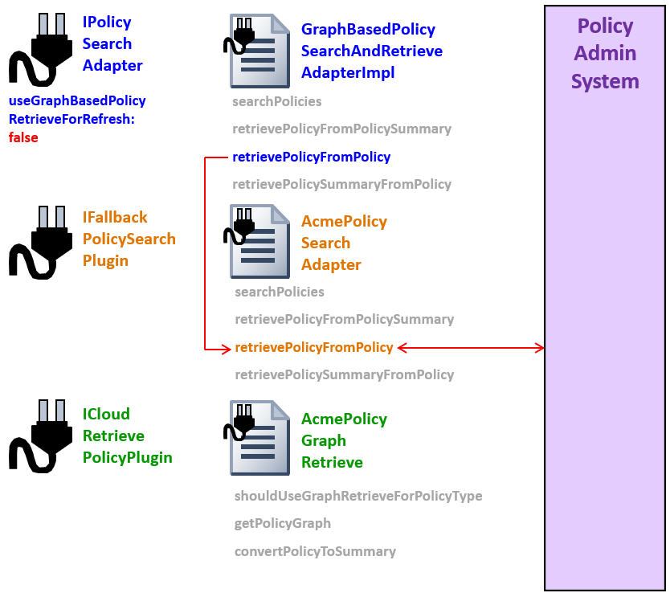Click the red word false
click(x=23, y=137)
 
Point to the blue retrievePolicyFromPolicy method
click(x=311, y=157)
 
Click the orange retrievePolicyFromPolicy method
click(x=313, y=347)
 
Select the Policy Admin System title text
click(x=605, y=54)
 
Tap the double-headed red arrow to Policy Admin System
click(x=471, y=348)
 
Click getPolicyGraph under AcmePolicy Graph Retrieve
click(x=282, y=523)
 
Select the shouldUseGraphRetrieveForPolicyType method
click(x=357, y=496)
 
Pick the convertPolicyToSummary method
click(x=315, y=551)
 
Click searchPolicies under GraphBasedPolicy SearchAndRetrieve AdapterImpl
click(x=276, y=101)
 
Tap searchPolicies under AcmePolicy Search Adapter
click(x=279, y=292)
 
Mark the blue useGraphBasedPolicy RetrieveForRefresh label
click(x=77, y=110)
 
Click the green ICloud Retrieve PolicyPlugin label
click(x=127, y=435)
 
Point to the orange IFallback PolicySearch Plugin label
click(x=129, y=239)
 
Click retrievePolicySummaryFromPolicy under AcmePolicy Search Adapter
click(x=344, y=374)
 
